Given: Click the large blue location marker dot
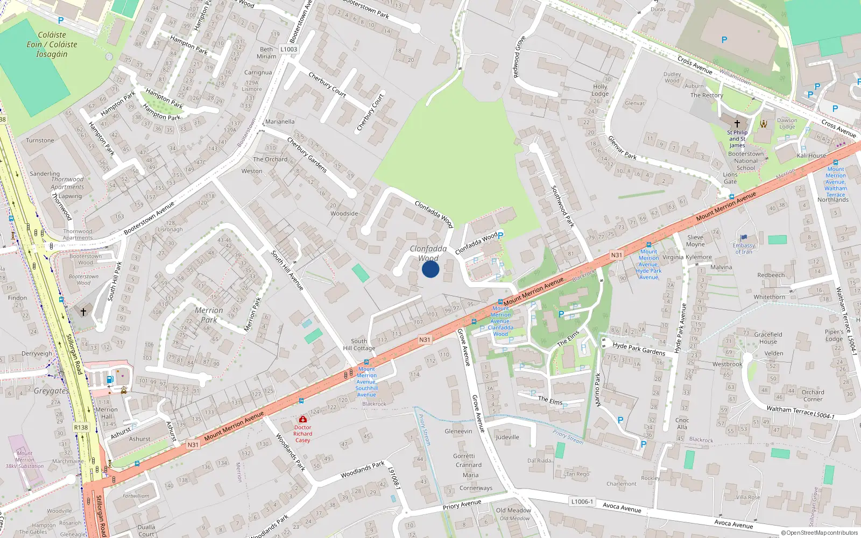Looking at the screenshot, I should coord(430,269).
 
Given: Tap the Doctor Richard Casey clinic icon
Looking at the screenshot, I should coord(303,419).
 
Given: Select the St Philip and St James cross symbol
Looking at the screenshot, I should coord(737,123).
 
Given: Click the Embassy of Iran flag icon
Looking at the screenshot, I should coord(744,237).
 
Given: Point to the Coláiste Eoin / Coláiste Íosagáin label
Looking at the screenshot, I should coord(52,44).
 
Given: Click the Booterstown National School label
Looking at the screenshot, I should coord(746,160).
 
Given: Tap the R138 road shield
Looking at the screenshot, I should coord(81,427).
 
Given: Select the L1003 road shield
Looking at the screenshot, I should coord(288,49).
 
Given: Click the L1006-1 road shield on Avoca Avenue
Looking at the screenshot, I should coord(582,501).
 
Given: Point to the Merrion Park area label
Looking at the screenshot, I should coord(209,315).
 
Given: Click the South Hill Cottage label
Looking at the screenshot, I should coord(359,344).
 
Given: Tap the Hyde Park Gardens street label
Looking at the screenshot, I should coord(639,349).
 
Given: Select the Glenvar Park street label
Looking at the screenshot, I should coord(622,148).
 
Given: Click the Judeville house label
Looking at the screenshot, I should coord(507,437).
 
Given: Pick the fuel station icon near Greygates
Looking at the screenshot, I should coord(110,379).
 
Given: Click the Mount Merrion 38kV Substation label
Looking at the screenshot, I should coord(24,459).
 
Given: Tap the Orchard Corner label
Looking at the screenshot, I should coord(813,395).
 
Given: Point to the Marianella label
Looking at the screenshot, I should coord(280,122).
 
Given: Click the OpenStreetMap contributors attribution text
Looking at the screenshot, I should coord(819,533).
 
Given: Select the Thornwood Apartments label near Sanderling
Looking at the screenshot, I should coord(67,183).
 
